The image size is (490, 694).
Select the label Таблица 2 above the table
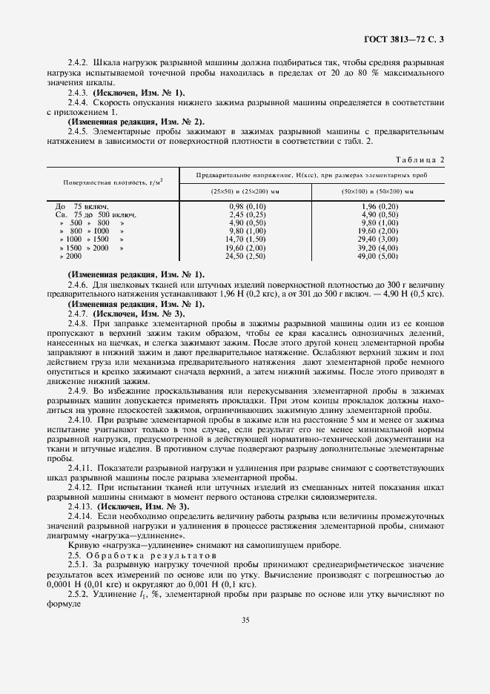coord(420,159)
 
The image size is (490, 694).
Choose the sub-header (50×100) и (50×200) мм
coord(378,191)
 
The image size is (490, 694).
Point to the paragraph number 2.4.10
coord(80,420)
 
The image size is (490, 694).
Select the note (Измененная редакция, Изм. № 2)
coord(136,121)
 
